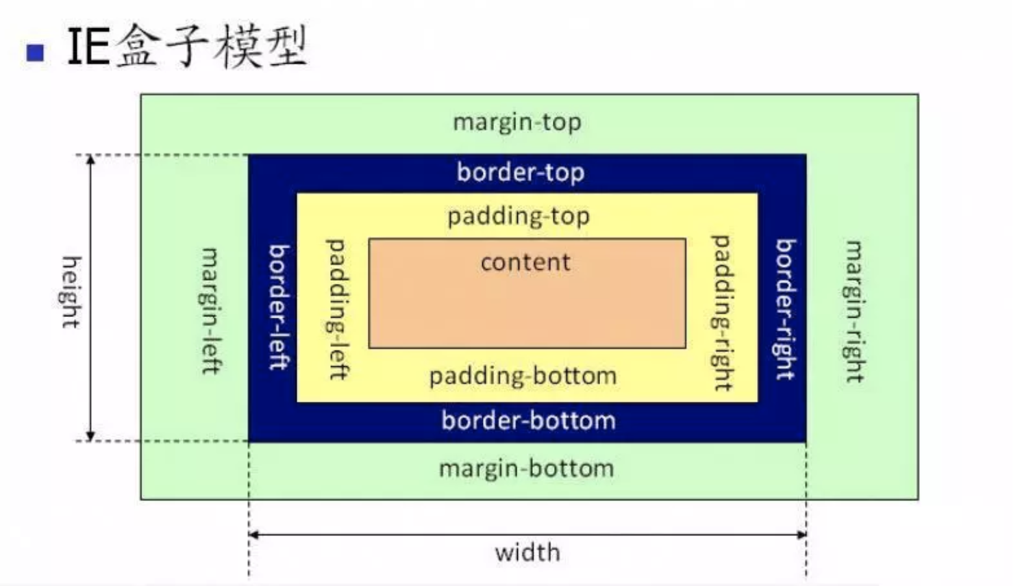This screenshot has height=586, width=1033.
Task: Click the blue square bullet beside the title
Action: pos(35,53)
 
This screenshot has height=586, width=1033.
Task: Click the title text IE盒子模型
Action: pos(186,47)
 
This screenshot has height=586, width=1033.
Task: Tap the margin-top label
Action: pos(517,123)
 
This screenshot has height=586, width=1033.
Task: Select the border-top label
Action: pos(521,172)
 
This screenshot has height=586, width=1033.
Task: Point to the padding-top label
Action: pos(519,216)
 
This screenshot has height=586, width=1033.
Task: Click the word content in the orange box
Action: pos(525,262)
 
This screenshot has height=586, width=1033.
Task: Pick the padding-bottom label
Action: pos(523,376)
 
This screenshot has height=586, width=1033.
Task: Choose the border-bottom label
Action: pos(528,420)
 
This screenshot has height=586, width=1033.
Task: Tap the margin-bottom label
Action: pos(526,469)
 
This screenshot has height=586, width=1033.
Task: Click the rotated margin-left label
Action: pos(210,311)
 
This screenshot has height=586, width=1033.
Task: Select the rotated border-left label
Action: pos(279,307)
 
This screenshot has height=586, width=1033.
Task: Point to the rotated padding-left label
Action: pos(336,309)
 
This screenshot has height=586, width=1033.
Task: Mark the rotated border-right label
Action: pos(785,309)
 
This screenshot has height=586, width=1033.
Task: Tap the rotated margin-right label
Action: pos(854,311)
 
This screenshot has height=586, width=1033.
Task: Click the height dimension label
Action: pos(71,292)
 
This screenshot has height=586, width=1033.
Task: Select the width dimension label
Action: pos(527,552)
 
